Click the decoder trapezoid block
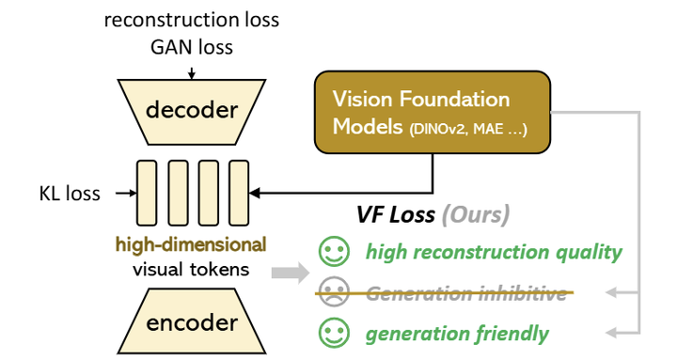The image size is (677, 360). pyautogui.click(x=191, y=111)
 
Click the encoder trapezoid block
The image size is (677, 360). pyautogui.click(x=191, y=323)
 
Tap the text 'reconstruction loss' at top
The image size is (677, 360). pyautogui.click(x=192, y=20)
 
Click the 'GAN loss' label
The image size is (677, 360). pyautogui.click(x=192, y=45)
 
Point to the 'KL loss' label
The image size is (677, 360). pyautogui.click(x=65, y=194)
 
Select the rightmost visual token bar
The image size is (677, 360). pyautogui.click(x=239, y=194)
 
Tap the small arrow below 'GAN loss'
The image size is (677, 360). pyautogui.click(x=192, y=67)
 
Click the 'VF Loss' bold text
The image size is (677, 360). pyautogui.click(x=394, y=215)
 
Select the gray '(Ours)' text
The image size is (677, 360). pyautogui.click(x=475, y=215)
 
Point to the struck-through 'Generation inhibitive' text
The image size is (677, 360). pyautogui.click(x=466, y=292)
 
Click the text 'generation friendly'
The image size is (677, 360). pyautogui.click(x=457, y=333)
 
